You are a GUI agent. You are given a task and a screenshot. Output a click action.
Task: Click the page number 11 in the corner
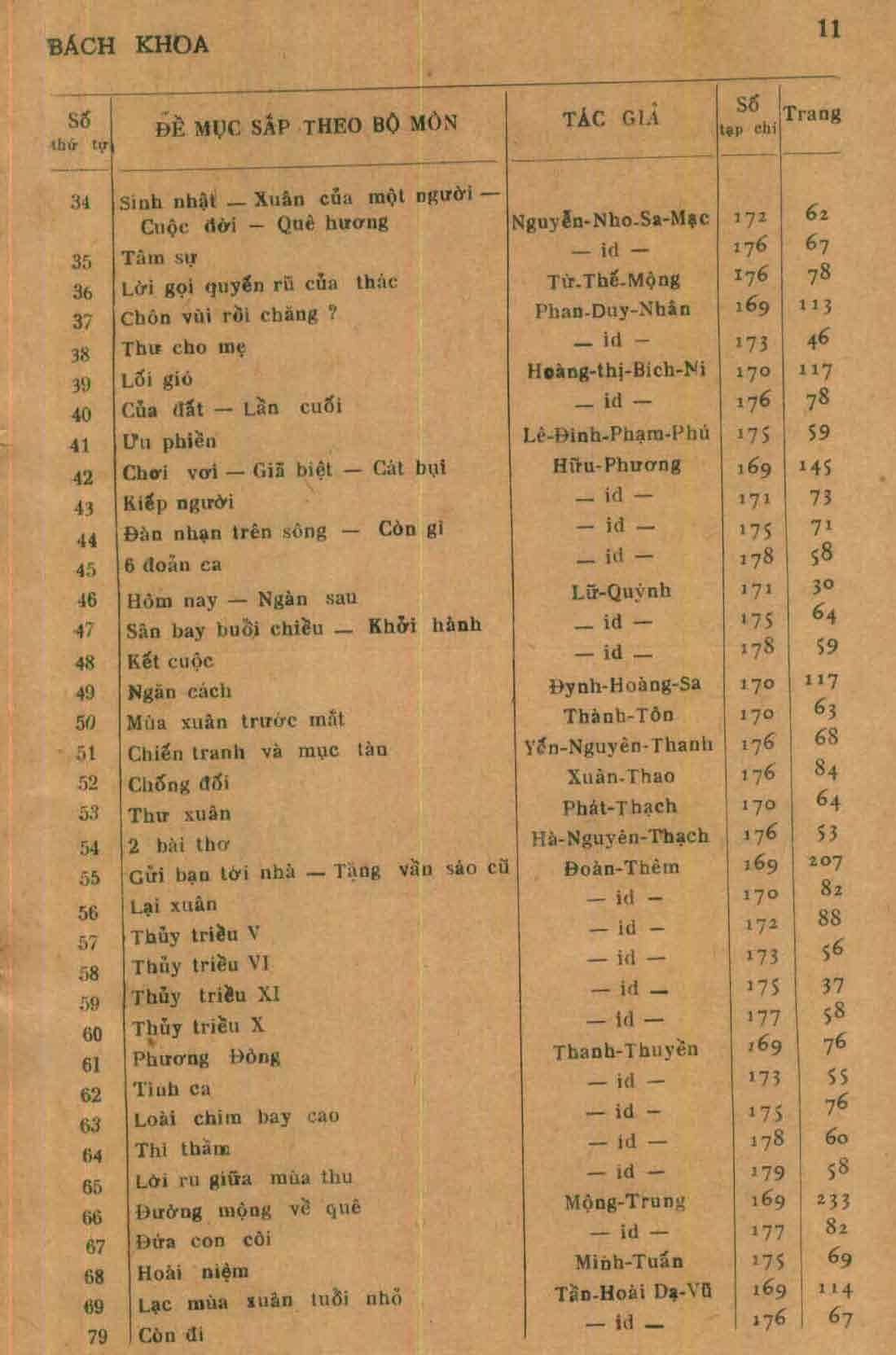(828, 30)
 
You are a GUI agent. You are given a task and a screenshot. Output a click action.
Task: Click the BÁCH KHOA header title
(128, 45)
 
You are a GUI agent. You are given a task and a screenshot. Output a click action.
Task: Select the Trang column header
(811, 113)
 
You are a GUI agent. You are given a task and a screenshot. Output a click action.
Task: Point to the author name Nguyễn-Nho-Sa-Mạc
(610, 220)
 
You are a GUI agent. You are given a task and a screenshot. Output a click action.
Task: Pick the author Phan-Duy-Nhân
(613, 310)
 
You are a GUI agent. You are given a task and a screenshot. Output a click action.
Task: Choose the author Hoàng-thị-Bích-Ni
(616, 371)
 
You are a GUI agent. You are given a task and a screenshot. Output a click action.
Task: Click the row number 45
(86, 569)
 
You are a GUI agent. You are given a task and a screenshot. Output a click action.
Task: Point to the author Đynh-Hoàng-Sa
(624, 684)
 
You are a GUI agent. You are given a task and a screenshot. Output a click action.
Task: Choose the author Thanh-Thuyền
(626, 1050)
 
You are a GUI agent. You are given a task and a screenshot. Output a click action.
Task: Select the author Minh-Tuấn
(628, 1262)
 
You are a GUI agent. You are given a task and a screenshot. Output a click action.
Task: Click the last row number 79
(97, 1336)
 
